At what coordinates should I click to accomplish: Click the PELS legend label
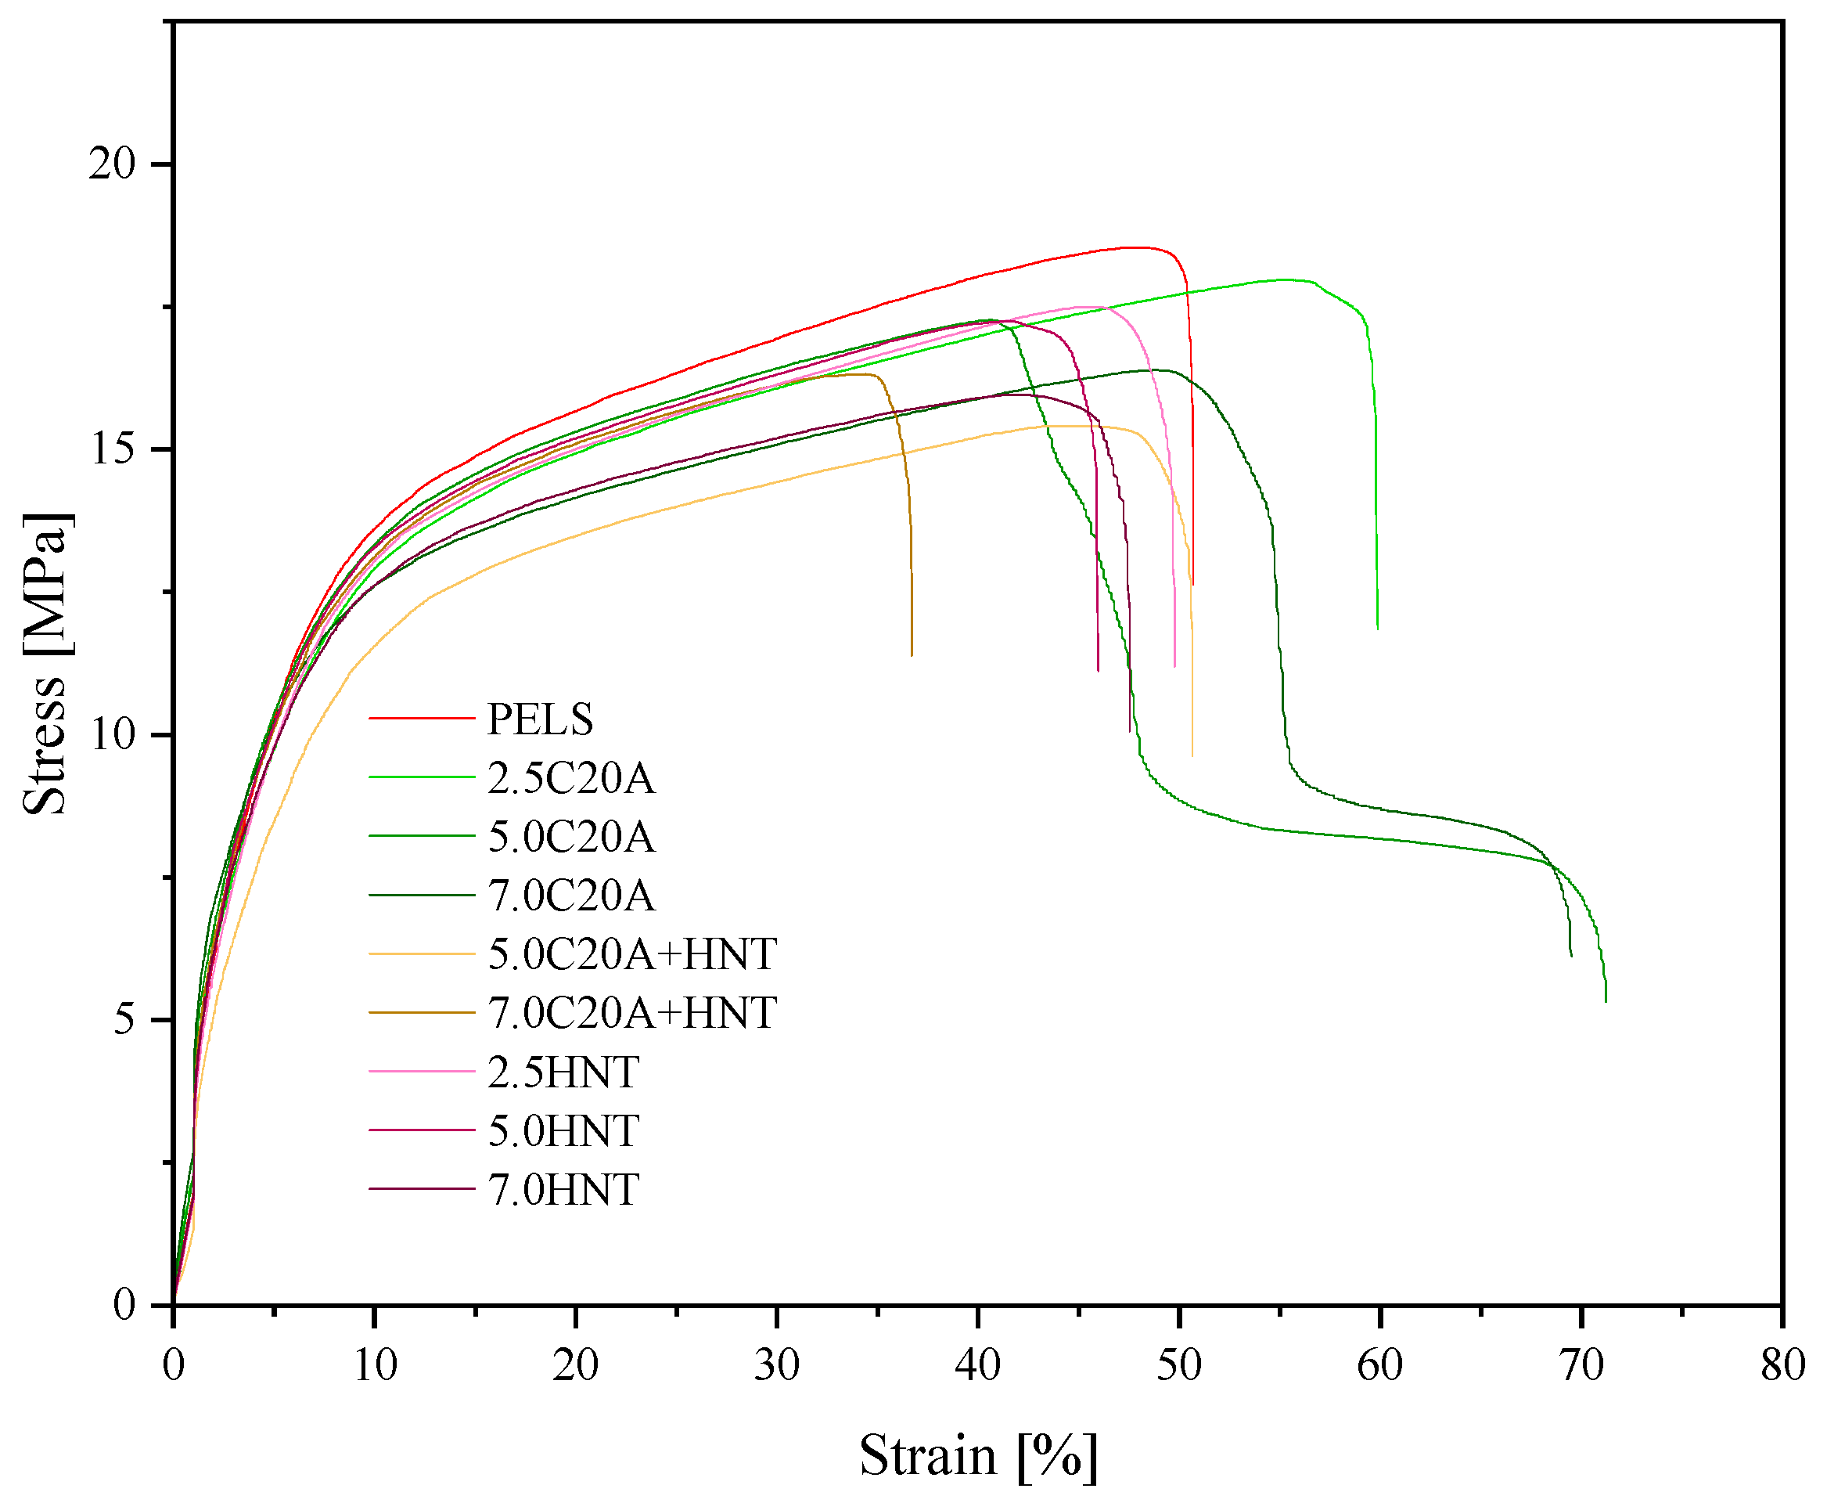click(540, 719)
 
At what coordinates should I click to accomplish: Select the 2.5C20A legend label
click(571, 778)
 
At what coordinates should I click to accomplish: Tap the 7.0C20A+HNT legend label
click(631, 1013)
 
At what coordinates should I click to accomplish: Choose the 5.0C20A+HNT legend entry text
click(631, 954)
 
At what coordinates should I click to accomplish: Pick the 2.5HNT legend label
click(563, 1072)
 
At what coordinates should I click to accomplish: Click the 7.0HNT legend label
click(563, 1191)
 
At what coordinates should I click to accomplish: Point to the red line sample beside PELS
click(422, 719)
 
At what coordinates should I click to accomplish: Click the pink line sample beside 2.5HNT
click(422, 1072)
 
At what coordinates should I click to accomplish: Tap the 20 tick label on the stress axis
click(113, 164)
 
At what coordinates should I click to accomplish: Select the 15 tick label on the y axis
click(113, 449)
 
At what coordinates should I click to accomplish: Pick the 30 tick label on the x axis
click(776, 1366)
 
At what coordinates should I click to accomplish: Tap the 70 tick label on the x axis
click(1582, 1366)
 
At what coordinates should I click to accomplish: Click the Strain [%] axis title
click(978, 1456)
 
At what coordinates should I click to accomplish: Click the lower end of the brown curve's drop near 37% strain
click(912, 655)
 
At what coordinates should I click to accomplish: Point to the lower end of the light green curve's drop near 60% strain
click(1377, 629)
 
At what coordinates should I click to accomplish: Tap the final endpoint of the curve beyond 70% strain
click(1606, 1002)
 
